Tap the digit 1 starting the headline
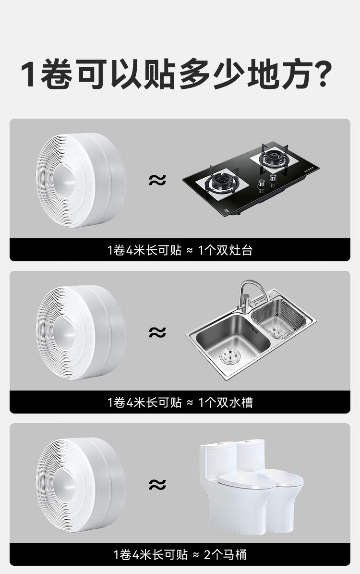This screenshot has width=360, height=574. click(28, 74)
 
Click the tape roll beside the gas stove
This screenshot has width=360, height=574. click(81, 180)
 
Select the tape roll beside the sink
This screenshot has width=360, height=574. click(81, 332)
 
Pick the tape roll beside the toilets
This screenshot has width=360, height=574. click(81, 484)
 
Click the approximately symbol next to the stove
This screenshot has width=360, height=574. click(157, 180)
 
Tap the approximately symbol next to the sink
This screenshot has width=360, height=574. click(157, 332)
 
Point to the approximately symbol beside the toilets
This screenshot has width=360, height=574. click(157, 484)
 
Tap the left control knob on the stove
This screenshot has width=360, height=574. click(261, 185)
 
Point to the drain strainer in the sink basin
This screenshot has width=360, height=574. click(230, 356)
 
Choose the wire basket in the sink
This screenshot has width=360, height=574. click(279, 318)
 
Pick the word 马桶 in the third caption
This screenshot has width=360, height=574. click(235, 555)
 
